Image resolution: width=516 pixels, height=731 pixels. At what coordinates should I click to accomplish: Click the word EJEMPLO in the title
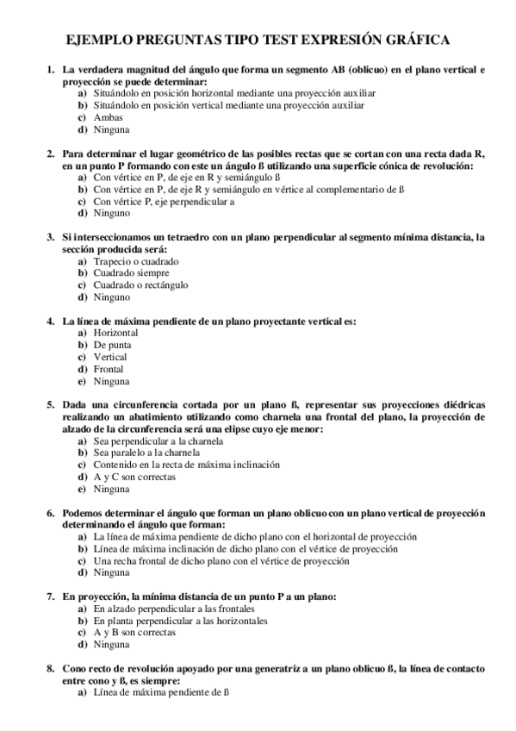point(101,40)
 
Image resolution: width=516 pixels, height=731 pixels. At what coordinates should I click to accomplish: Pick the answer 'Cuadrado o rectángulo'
point(140,284)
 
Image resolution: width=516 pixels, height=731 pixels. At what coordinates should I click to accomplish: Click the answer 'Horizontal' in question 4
point(116,332)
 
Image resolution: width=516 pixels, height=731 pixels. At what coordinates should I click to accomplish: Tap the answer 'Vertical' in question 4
point(110,356)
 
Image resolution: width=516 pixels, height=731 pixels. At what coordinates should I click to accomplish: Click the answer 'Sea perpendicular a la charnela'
point(159,440)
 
